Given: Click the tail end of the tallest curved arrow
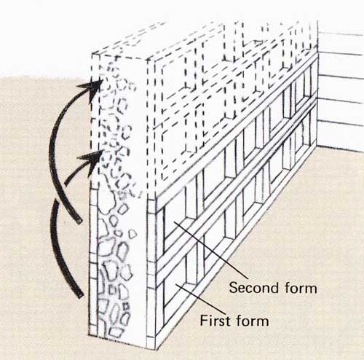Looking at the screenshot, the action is tap(79, 222).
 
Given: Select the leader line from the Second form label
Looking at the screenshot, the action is tap(210, 250).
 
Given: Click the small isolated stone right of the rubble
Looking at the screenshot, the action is tap(132, 234).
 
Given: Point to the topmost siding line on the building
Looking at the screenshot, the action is tap(341, 33).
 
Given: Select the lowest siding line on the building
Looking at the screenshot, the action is tap(341, 123).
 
